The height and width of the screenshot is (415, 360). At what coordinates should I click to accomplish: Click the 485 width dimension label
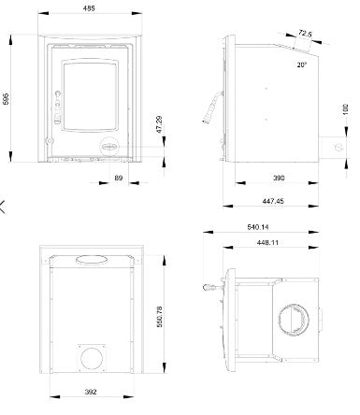[x=89, y=8]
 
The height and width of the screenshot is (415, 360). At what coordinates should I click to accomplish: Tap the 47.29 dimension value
[x=159, y=124]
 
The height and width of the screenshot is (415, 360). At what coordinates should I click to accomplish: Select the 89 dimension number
[x=119, y=178]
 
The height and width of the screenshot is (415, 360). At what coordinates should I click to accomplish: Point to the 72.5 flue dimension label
[x=305, y=33]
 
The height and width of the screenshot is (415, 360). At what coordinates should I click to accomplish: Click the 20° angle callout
[x=301, y=64]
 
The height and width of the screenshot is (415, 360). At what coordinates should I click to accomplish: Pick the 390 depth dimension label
[x=279, y=178]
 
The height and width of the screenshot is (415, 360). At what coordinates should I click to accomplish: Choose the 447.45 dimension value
[x=273, y=201]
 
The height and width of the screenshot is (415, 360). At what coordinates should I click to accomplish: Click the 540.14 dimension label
[x=258, y=227]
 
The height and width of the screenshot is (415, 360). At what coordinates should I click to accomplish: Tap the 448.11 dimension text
[x=267, y=242]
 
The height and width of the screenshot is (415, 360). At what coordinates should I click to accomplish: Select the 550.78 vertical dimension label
[x=159, y=317]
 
